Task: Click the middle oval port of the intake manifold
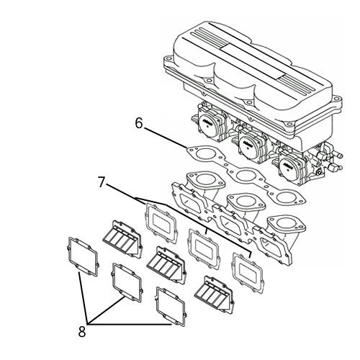(x=240, y=203)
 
